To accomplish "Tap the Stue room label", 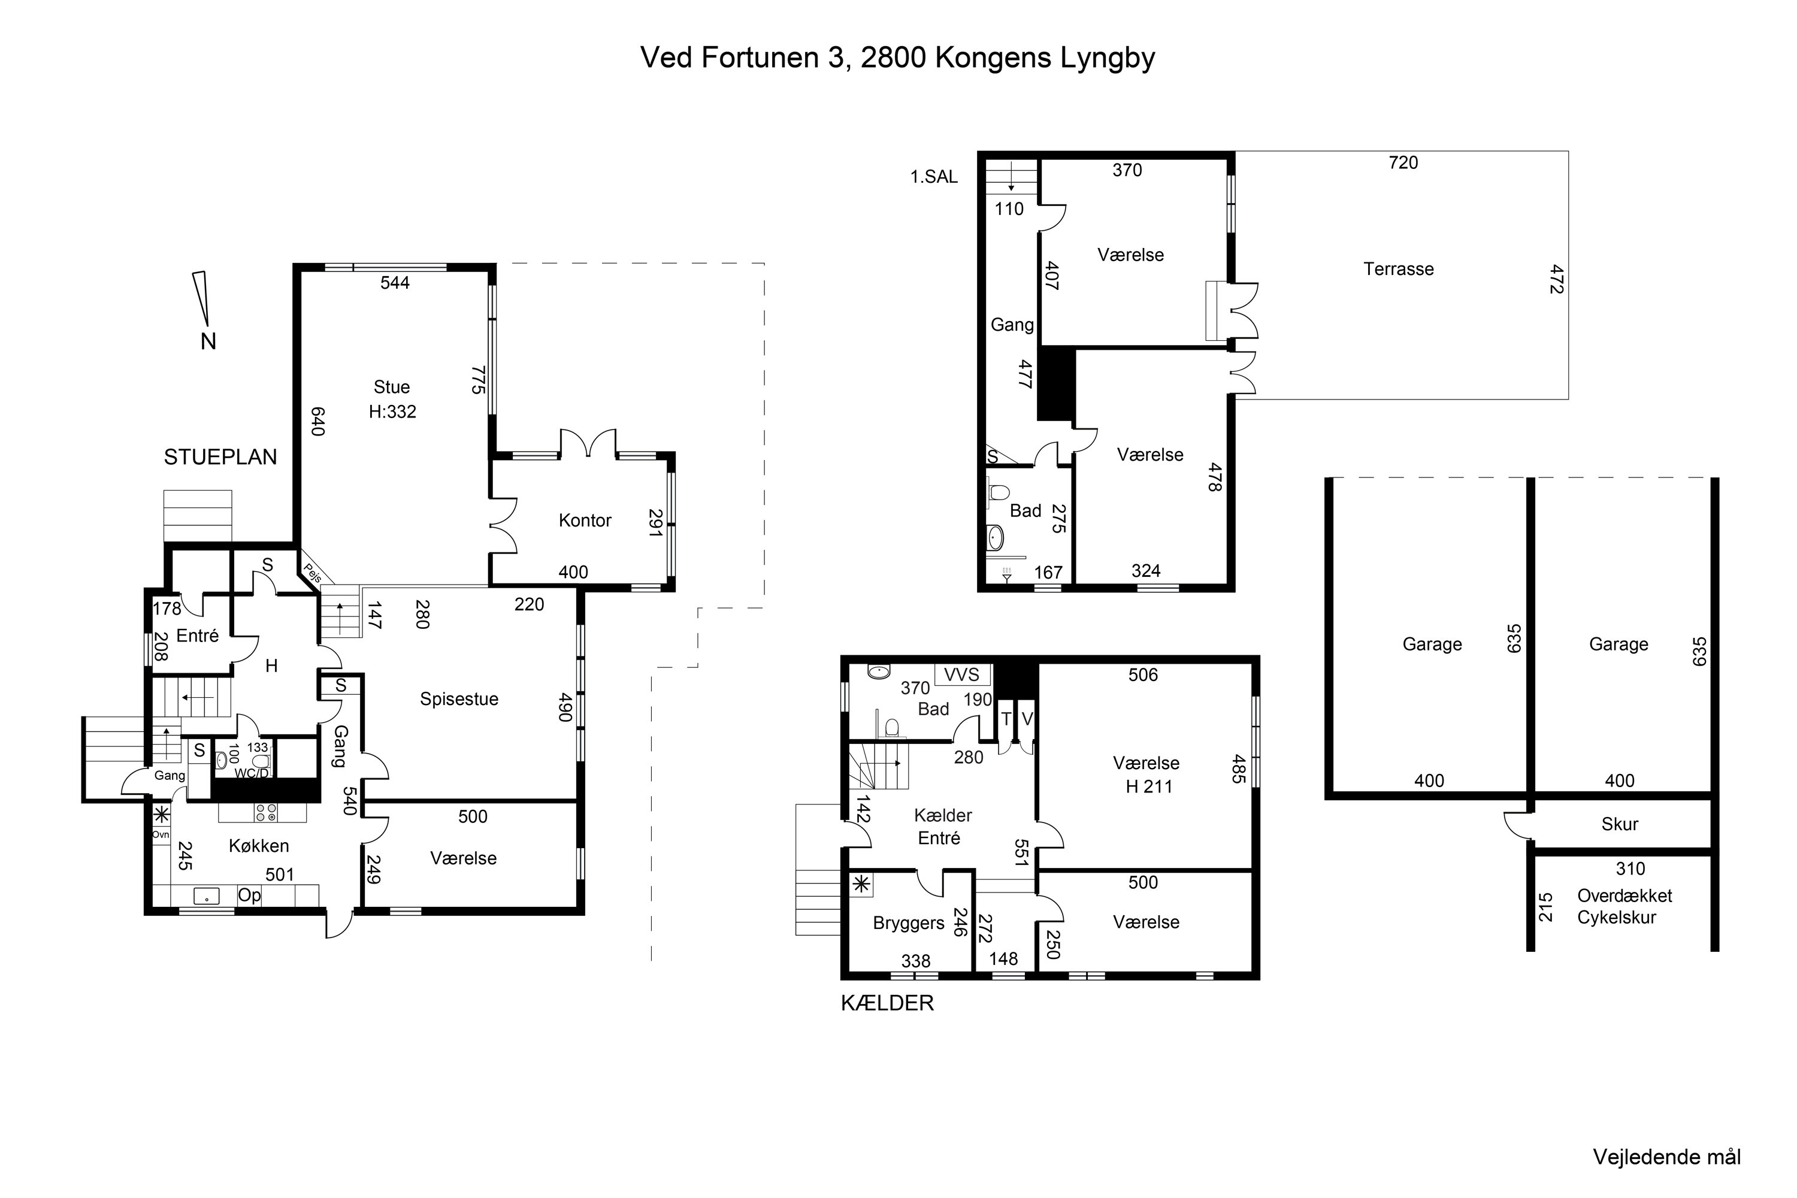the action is click(x=391, y=388).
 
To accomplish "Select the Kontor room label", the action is click(x=585, y=521).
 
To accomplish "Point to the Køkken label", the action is click(x=259, y=846).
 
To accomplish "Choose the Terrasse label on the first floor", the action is click(x=1398, y=269).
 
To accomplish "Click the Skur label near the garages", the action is click(x=1620, y=824).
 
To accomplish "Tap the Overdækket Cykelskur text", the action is click(x=1624, y=907).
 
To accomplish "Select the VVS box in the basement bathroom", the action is click(x=962, y=674).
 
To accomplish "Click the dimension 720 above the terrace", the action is click(x=1403, y=163).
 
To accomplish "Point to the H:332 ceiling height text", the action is click(x=392, y=412).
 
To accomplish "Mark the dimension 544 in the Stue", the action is click(x=394, y=283).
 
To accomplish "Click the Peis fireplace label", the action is click(x=311, y=572).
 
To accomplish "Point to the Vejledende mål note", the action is click(x=1666, y=1157).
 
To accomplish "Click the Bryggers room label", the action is click(x=909, y=924).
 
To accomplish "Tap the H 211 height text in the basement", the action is click(x=1148, y=786).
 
